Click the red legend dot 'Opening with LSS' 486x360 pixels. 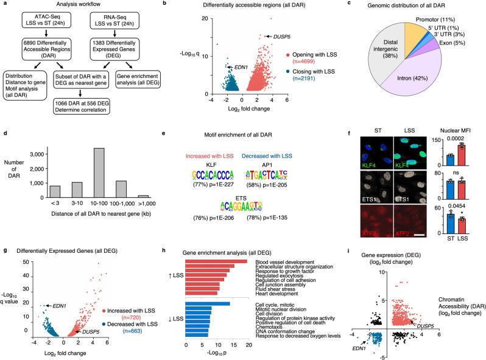point(281,79)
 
